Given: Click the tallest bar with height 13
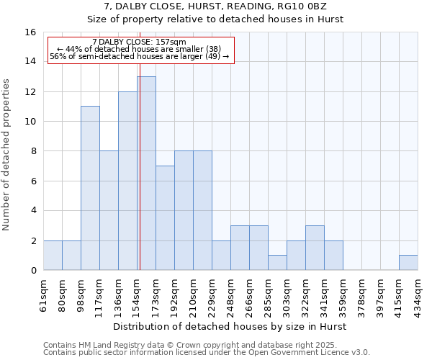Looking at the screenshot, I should pos(146,173).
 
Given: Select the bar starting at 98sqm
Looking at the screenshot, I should pos(90,188).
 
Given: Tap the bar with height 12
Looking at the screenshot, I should pos(127,181).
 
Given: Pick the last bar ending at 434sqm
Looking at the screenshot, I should pos(408,263).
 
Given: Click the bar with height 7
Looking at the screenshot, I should pos(165,218).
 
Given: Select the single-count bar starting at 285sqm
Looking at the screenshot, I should pos(277,263).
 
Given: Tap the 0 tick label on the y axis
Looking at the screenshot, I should pos(33,271).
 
